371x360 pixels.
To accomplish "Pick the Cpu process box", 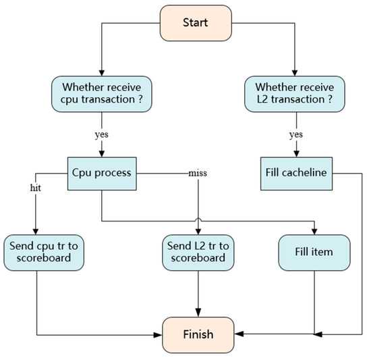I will (x=101, y=172).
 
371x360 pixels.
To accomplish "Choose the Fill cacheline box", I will (x=294, y=172).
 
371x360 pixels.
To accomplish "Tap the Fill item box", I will (x=314, y=251).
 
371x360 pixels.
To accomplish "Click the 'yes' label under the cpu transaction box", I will (x=101, y=134).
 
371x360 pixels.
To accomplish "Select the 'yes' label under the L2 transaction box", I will (x=294, y=134).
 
